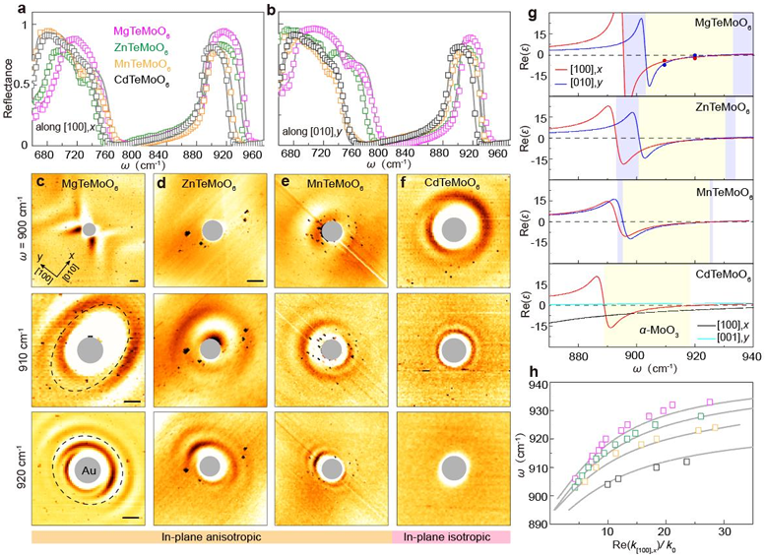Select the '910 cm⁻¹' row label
coord(11,349)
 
